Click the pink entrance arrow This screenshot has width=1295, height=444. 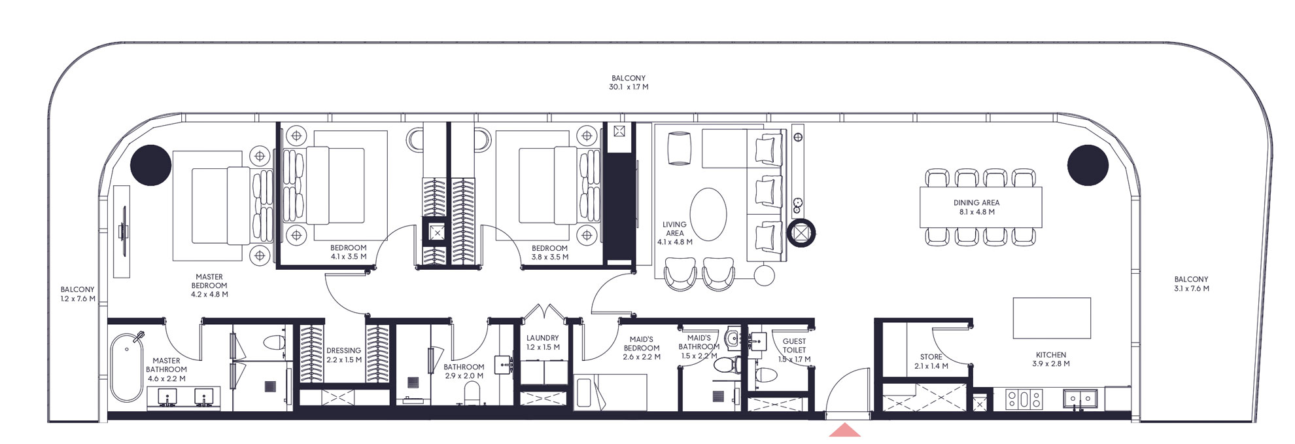point(844,430)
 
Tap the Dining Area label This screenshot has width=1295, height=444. point(976,207)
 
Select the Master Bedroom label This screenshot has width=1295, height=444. point(209,286)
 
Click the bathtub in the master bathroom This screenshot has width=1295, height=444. point(127,368)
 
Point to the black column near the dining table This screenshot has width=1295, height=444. point(1088,165)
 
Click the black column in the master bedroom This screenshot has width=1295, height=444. point(151,165)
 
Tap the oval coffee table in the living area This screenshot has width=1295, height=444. point(708,214)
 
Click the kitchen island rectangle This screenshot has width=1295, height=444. point(1051,318)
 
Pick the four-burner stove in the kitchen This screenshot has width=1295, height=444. point(1024,399)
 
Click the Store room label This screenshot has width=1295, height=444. point(931,361)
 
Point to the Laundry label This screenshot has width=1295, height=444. point(542,342)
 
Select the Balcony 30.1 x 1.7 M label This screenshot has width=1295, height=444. point(628,83)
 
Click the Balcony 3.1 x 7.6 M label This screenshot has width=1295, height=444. point(1190,284)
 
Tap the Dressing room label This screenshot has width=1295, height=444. point(343,355)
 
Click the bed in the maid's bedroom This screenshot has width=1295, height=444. point(610,392)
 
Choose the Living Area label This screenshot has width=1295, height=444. point(674,233)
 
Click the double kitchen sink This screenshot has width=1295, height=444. point(1080,398)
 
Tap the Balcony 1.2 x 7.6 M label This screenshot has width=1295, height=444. point(77,293)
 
